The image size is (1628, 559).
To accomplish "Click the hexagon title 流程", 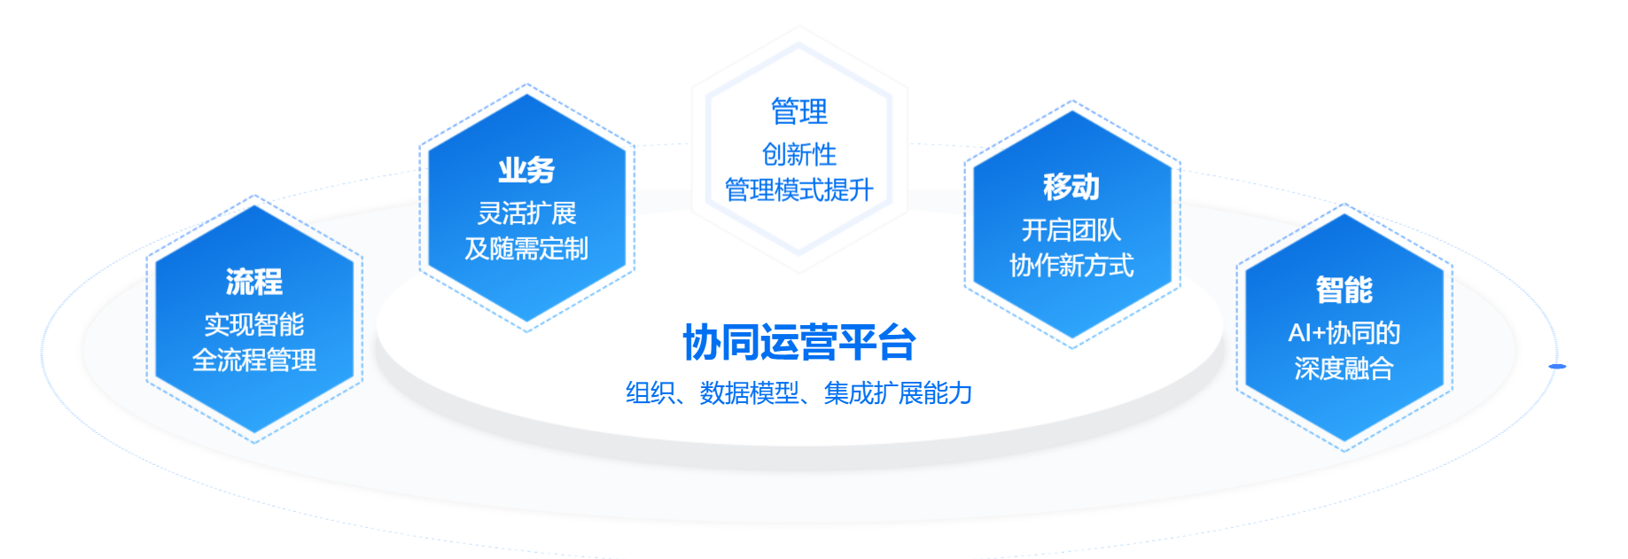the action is tap(254, 282).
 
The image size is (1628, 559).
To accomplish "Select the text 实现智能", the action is tap(254, 324).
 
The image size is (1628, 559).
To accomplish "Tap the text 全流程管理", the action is tap(254, 360).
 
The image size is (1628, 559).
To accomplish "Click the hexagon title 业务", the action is tap(526, 169).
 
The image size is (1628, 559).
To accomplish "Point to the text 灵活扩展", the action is tap(526, 213).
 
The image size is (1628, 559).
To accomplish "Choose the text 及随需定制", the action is tap(526, 248).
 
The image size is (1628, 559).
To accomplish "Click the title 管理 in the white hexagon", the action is tap(799, 112).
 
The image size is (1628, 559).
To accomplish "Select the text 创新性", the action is tap(799, 154).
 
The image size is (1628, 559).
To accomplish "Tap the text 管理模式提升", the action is tap(799, 190).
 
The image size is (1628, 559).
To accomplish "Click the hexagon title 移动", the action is tap(1071, 186).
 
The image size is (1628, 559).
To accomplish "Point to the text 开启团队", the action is tap(1071, 229).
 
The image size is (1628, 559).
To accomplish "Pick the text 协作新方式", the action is tap(1071, 265).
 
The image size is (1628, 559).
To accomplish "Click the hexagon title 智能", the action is tap(1344, 290).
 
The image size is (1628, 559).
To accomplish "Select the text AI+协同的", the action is tap(1344, 332).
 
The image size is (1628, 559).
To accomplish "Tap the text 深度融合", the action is tap(1344, 368).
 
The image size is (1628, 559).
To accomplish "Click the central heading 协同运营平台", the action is tap(799, 343).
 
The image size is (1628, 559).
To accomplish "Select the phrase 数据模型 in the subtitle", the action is tap(749, 392).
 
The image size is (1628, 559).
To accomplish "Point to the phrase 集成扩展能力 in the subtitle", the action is tap(898, 392).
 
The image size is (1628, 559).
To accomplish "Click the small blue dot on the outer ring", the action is tap(1557, 366).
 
